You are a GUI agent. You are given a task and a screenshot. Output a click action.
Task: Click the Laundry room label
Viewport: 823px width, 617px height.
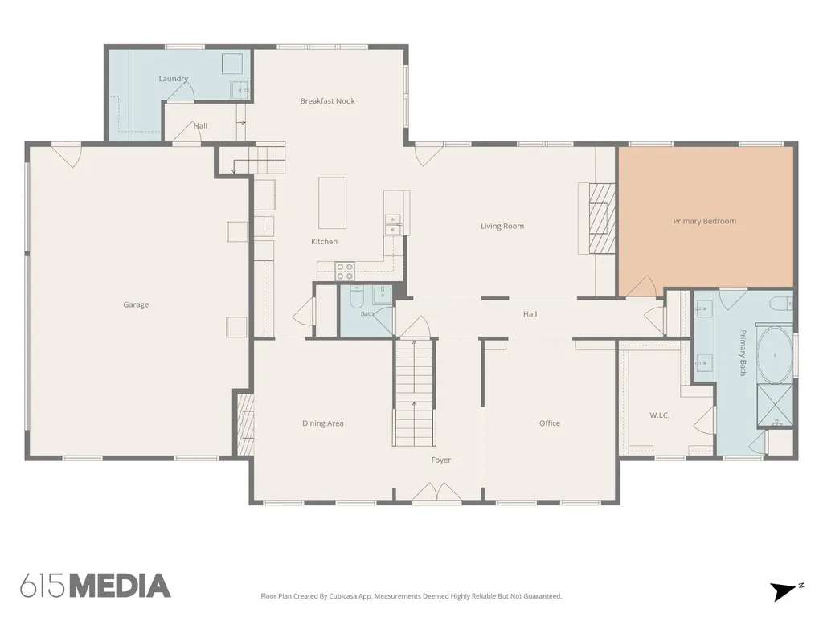click(x=174, y=79)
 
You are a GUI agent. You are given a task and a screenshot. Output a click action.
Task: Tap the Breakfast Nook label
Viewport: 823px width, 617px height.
click(x=328, y=100)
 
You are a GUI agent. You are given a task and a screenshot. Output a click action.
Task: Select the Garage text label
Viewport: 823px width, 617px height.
click(x=136, y=304)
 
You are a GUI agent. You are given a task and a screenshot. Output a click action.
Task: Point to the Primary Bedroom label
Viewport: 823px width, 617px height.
click(x=704, y=221)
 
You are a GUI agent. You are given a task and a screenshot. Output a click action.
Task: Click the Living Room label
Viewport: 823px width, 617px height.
click(x=502, y=226)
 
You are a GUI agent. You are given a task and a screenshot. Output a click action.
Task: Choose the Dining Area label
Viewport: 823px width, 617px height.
click(x=323, y=423)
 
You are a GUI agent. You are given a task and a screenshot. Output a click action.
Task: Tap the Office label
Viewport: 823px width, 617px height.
click(x=550, y=423)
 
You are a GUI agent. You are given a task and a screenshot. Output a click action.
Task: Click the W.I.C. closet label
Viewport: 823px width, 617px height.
click(x=659, y=415)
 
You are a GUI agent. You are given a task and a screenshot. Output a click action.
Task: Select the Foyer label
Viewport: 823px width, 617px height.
click(x=441, y=460)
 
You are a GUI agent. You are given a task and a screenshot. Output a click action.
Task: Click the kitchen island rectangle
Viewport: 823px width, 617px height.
click(x=332, y=202)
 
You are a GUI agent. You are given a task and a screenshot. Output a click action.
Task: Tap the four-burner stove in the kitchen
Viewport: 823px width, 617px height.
click(x=344, y=271)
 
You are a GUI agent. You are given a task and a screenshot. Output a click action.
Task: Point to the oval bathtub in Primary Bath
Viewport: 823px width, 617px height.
click(x=775, y=356)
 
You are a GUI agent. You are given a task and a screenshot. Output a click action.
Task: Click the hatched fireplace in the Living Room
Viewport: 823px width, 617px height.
click(x=601, y=218)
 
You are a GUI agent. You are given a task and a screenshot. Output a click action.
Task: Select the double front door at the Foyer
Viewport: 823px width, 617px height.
click(x=436, y=493)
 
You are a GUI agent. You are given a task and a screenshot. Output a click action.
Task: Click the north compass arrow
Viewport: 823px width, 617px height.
click(x=783, y=591)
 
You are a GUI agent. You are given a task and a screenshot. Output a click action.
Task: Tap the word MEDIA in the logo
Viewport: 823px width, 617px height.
click(x=120, y=586)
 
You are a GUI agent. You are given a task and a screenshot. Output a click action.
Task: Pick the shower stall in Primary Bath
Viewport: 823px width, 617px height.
click(x=775, y=406)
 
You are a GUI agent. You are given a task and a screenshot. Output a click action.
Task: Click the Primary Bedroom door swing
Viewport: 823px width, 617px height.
click(x=641, y=287)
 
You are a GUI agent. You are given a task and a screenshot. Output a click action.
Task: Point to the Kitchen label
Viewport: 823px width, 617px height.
click(x=325, y=242)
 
